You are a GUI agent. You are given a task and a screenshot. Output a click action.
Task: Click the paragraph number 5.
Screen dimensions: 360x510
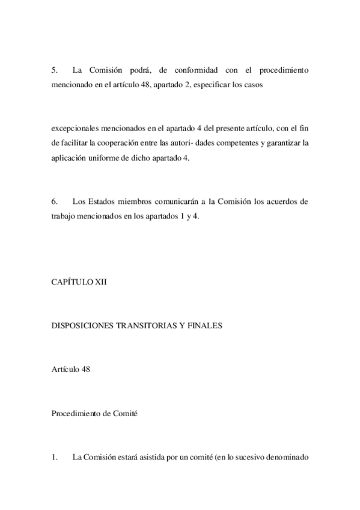click(53, 70)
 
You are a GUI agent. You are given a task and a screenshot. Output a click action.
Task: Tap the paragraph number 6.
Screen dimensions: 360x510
click(53, 202)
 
